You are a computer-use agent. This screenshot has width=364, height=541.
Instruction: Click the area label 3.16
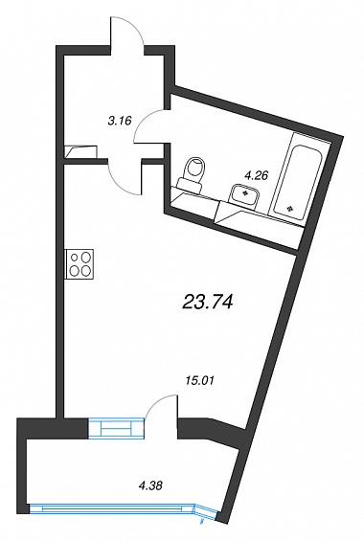click(x=120, y=121)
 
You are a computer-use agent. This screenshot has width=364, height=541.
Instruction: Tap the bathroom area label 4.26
click(x=256, y=176)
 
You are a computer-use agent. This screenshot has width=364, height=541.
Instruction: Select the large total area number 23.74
click(x=208, y=303)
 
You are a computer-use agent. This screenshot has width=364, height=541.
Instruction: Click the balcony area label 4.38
click(x=149, y=486)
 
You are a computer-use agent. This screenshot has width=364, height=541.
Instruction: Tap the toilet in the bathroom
click(x=192, y=173)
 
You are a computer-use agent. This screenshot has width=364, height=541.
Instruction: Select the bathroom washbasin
click(x=245, y=196)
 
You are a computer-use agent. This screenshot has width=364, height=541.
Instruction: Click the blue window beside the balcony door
click(x=116, y=428)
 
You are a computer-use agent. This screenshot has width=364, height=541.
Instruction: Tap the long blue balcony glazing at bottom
click(x=113, y=508)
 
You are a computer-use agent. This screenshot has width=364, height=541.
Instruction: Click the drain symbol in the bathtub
click(x=290, y=209)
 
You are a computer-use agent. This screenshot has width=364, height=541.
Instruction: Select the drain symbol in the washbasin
click(x=245, y=193)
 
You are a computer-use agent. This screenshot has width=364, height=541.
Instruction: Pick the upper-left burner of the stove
click(x=75, y=258)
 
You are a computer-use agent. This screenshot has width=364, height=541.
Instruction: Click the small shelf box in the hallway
click(x=81, y=150)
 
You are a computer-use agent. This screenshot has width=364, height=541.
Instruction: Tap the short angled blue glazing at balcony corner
click(x=207, y=510)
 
